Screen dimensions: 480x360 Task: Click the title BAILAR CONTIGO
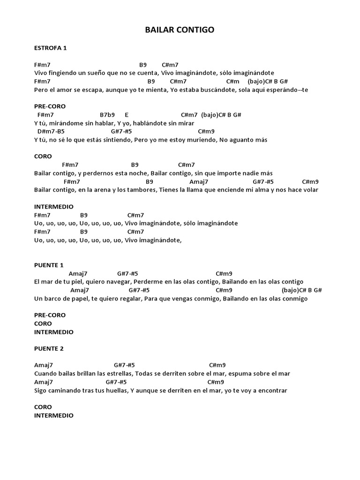pyautogui.click(x=180, y=30)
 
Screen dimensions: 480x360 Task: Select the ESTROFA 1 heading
pyautogui.click(x=51, y=48)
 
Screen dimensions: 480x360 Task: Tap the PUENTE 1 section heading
pyautogui.click(x=49, y=265)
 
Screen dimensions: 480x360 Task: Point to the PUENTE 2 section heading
pyautogui.click(x=49, y=348)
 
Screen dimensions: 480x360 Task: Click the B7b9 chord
pyautogui.click(x=107, y=115)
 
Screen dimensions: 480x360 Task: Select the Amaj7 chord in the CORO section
pyautogui.click(x=199, y=181)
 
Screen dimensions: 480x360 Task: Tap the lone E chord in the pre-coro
pyautogui.click(x=127, y=115)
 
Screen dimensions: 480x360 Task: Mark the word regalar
pyautogui.click(x=128, y=299)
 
